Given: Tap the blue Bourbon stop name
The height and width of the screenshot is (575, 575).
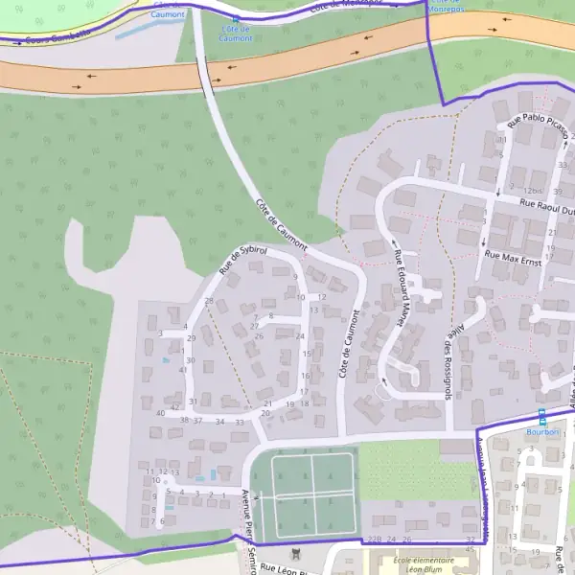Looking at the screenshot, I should pyautogui.click(x=541, y=431).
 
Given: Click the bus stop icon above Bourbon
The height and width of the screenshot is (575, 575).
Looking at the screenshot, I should pyautogui.click(x=541, y=417).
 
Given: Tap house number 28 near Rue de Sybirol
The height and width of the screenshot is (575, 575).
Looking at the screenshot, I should pyautogui.click(x=209, y=302).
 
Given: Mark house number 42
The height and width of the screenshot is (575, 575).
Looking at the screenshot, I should pyautogui.click(x=173, y=406).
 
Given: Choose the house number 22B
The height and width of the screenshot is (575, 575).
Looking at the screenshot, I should pyautogui.click(x=374, y=540).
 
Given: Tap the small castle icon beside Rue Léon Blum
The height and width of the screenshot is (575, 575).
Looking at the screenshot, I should pyautogui.click(x=295, y=553).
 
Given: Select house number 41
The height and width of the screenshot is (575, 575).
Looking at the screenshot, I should pyautogui.click(x=183, y=370).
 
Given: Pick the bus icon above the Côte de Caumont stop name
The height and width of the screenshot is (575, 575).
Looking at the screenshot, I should pyautogui.click(x=236, y=18).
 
